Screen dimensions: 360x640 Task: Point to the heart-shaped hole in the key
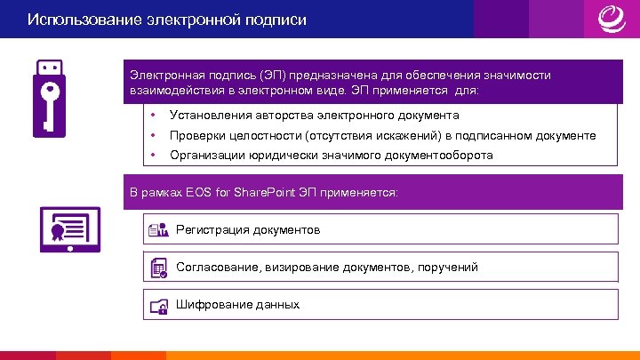pos(52,90)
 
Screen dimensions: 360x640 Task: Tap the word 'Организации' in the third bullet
pos(210,155)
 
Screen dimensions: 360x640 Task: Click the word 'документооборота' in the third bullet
pos(437,155)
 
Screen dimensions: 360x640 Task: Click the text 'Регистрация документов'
pos(248,230)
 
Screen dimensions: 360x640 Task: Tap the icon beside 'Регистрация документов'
pos(158,230)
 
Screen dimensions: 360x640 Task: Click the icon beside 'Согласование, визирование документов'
pos(158,268)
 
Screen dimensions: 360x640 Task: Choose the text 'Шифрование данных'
pos(237,304)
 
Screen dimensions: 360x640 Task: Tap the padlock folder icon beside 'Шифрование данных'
pos(158,305)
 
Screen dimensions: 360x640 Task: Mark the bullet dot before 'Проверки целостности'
pos(154,136)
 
